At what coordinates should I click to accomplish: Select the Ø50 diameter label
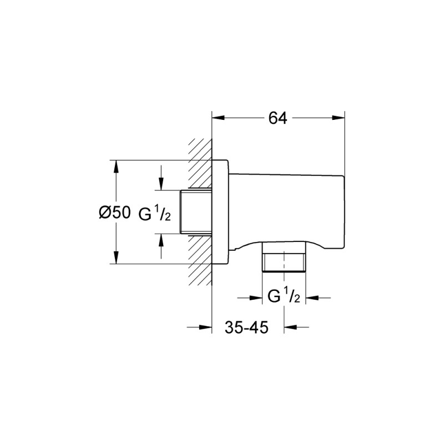[114, 212]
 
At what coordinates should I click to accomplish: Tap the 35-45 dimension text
[247, 327]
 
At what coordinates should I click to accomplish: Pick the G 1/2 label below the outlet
[284, 297]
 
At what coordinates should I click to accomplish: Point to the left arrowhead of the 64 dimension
[218, 118]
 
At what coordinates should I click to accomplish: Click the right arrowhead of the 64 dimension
[340, 118]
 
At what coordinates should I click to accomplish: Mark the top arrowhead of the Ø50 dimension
[116, 165]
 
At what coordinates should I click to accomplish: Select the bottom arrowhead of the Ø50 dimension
[116, 259]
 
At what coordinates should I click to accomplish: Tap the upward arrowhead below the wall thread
[161, 239]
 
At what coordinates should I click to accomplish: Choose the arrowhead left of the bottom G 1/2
[258, 298]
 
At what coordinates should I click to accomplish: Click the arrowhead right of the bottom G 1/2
[312, 298]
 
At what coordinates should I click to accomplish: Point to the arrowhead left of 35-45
[208, 327]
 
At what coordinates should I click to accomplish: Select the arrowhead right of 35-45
[290, 327]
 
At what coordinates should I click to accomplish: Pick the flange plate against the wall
[221, 212]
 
